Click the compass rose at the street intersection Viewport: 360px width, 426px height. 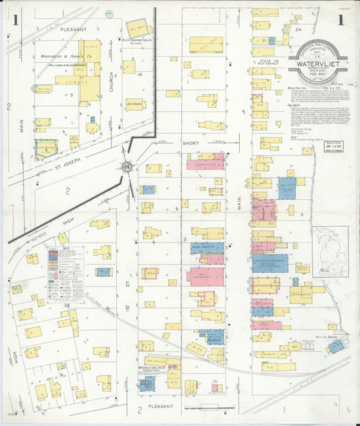[126, 167]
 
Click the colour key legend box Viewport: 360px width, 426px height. [66, 273]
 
